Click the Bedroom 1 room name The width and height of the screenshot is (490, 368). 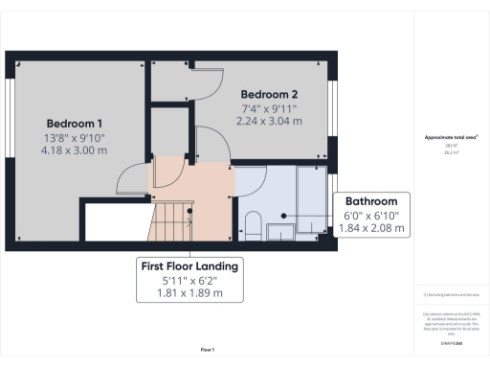(x=75, y=124)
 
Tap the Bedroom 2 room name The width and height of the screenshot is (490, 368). (x=269, y=94)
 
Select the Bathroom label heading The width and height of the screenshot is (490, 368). (x=371, y=202)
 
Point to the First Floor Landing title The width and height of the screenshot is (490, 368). (x=189, y=264)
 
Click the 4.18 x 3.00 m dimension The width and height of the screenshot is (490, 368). (x=75, y=151)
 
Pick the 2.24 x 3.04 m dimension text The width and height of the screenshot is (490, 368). (x=269, y=122)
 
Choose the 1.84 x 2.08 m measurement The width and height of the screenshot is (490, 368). (x=371, y=230)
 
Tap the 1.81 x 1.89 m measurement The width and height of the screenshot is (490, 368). (x=189, y=292)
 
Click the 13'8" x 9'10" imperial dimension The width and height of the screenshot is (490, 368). (x=75, y=138)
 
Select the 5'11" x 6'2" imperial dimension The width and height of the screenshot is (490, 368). (x=189, y=279)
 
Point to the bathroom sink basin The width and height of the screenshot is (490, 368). (x=279, y=230)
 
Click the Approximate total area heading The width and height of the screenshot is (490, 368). (x=450, y=138)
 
